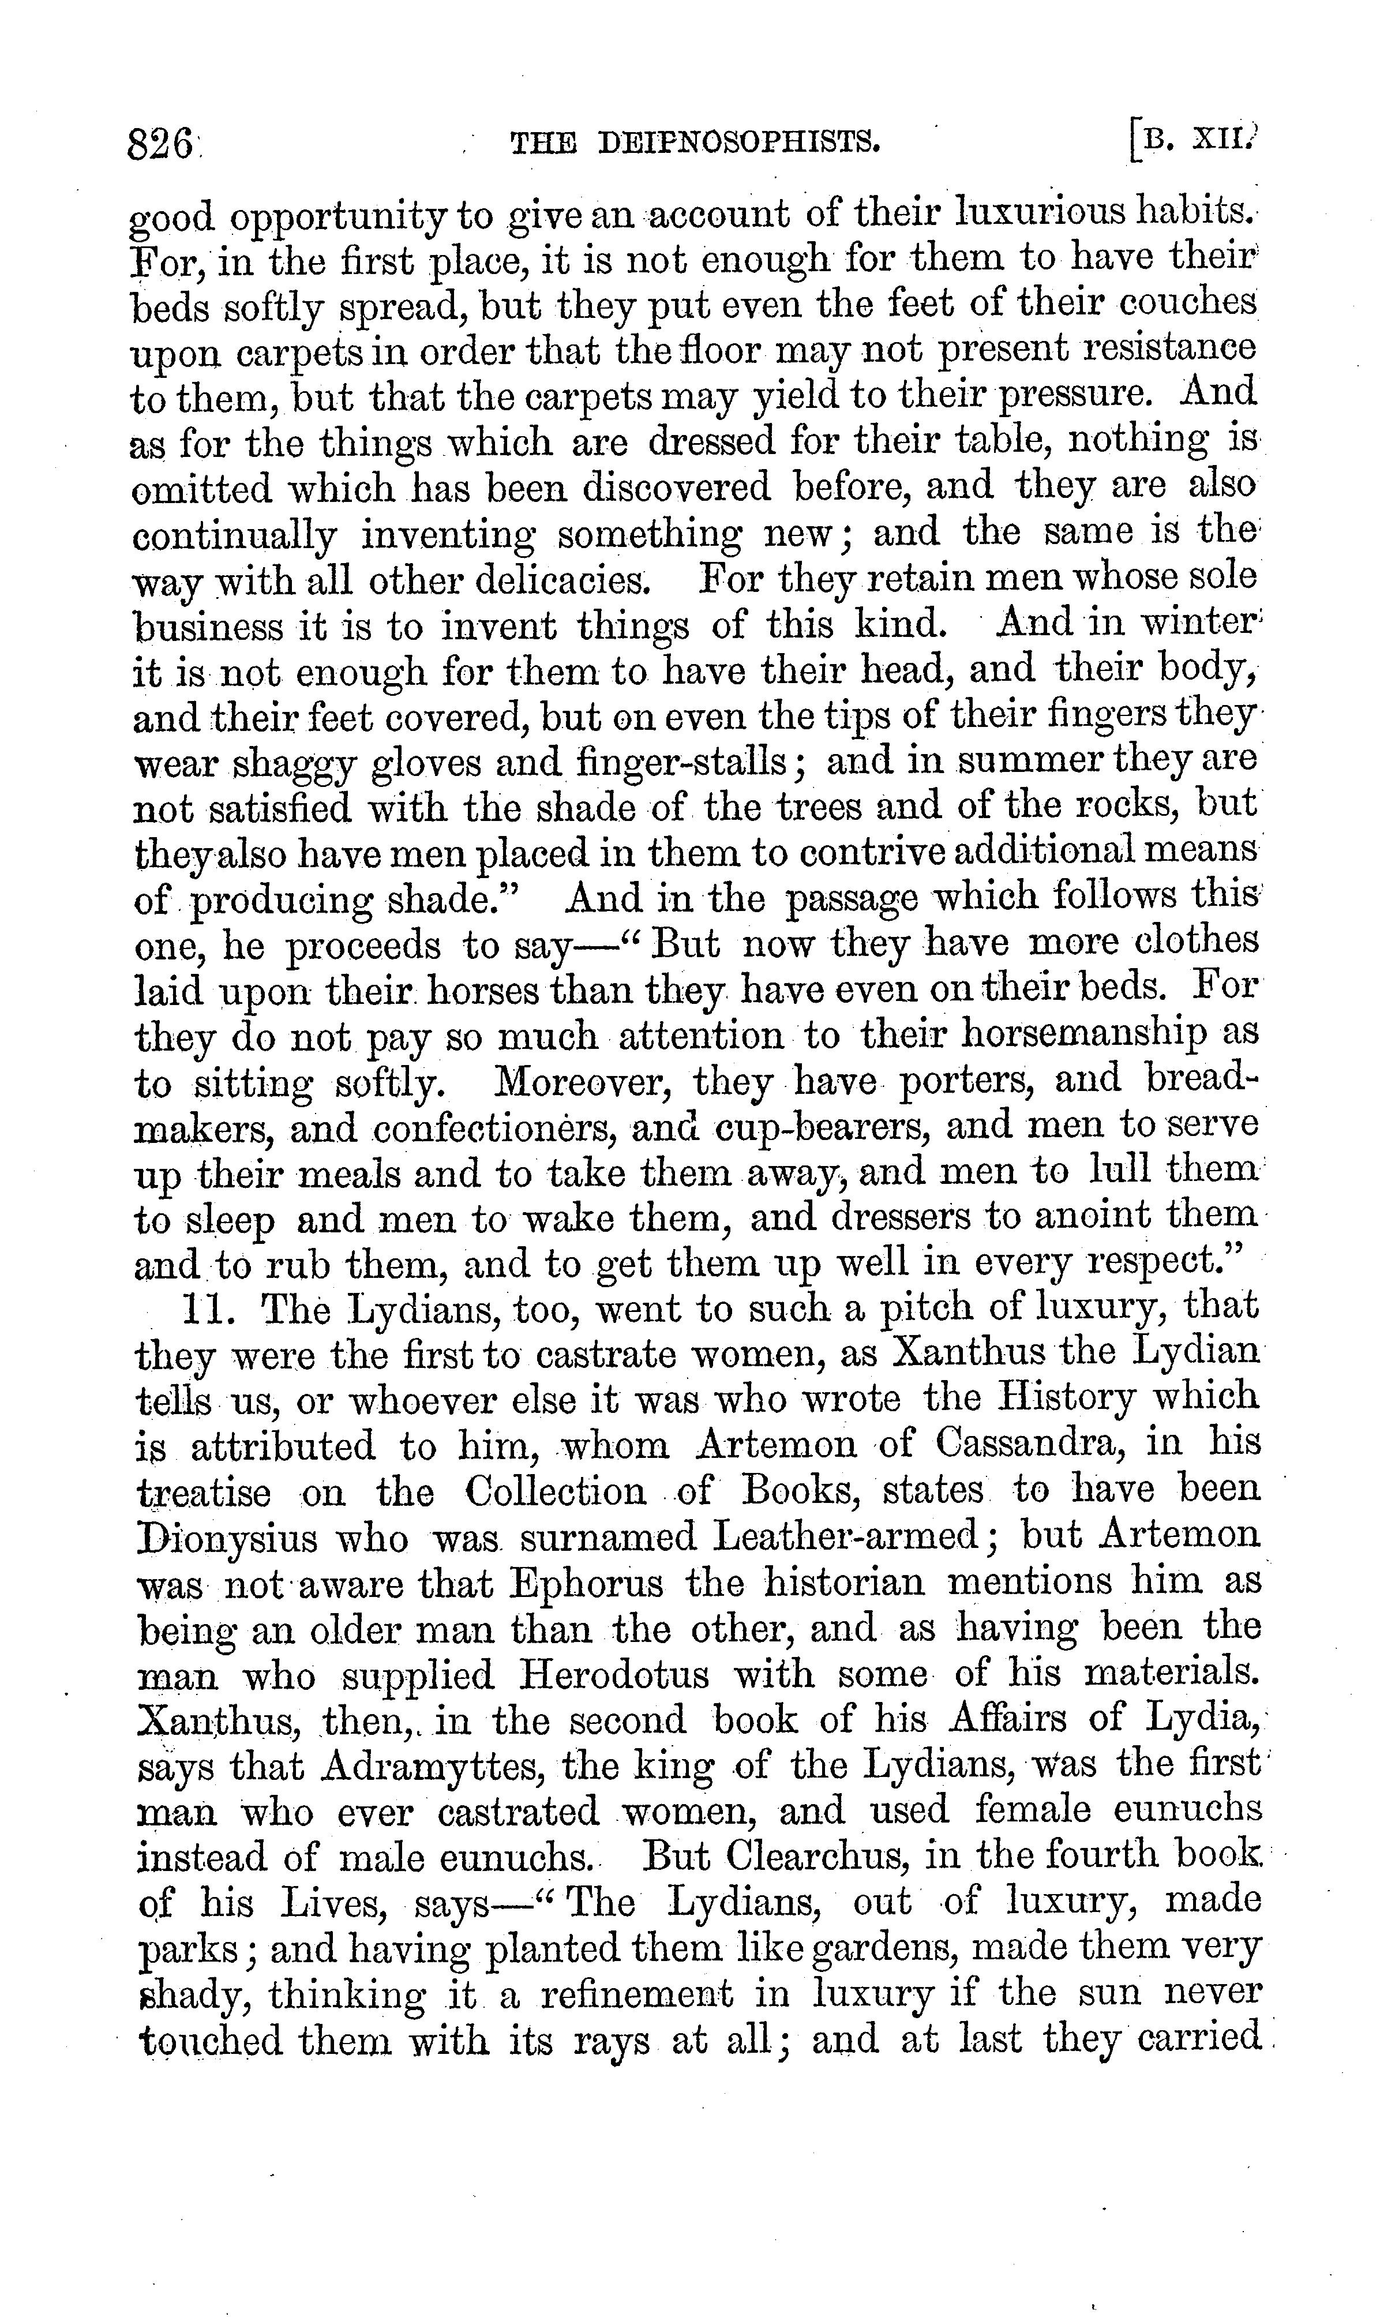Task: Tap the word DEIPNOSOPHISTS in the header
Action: coord(739,143)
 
